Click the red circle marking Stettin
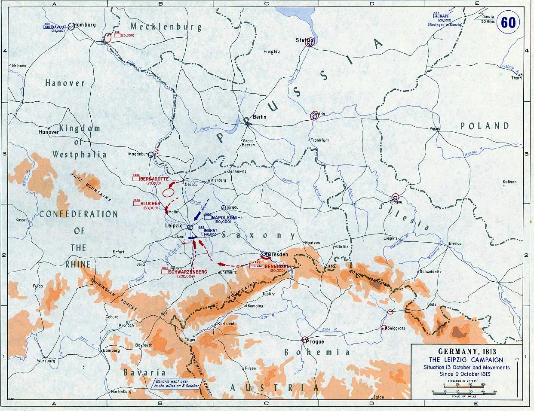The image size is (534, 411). [310, 42]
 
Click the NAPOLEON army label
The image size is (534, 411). [226, 217]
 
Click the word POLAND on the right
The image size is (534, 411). [485, 126]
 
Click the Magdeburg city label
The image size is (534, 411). [138, 154]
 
